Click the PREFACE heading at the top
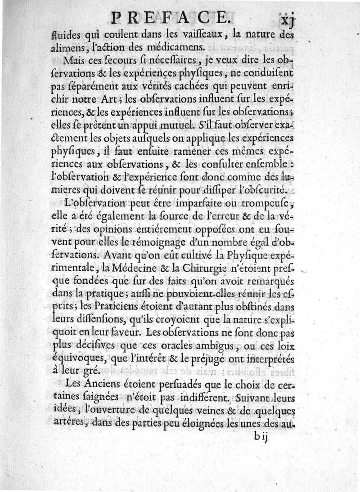point(169,18)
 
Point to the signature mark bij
point(260,437)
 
